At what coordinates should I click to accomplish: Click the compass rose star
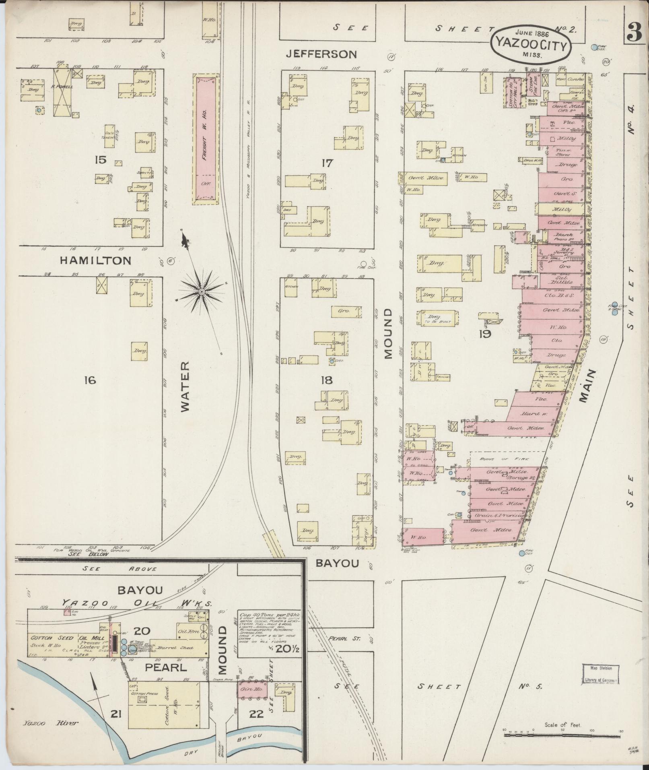click(x=201, y=291)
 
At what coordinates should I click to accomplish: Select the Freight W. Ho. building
click(x=206, y=139)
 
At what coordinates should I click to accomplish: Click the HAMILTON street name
click(x=95, y=260)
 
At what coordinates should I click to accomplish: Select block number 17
click(x=328, y=163)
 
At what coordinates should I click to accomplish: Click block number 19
click(x=485, y=334)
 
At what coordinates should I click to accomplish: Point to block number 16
click(x=90, y=379)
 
